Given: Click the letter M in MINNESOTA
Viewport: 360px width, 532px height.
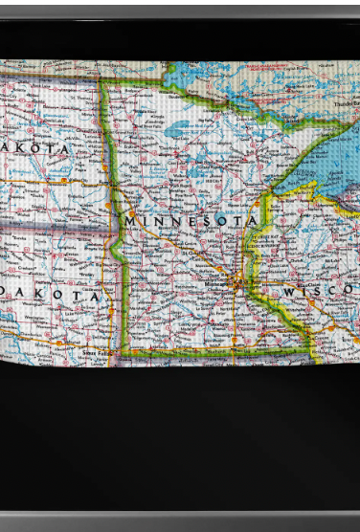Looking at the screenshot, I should (129, 221).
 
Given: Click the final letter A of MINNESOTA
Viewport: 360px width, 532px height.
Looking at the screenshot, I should (252, 221).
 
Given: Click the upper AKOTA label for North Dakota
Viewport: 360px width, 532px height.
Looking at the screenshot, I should (36, 149).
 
